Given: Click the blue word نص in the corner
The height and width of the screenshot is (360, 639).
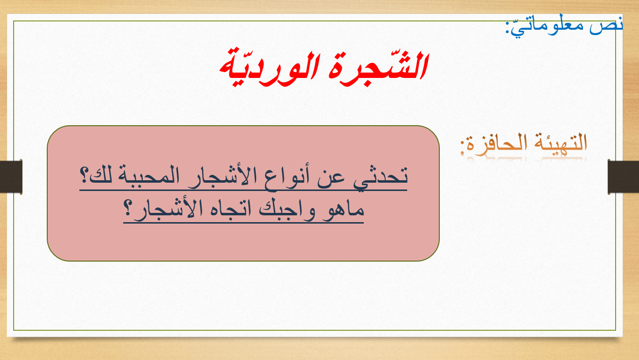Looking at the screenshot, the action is click(606, 26).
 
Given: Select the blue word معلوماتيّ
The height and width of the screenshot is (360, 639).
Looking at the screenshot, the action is click(547, 26).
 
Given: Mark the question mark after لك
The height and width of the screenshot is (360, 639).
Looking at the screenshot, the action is click(84, 175).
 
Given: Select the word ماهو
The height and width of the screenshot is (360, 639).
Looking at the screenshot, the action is click(344, 210).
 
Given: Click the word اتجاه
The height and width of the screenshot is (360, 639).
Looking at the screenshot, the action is click(229, 208).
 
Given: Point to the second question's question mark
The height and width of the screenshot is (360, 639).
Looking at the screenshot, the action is click(128, 208).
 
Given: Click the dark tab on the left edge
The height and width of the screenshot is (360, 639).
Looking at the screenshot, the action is click(11, 177).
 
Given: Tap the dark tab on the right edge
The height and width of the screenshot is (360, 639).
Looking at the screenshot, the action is click(623, 177).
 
